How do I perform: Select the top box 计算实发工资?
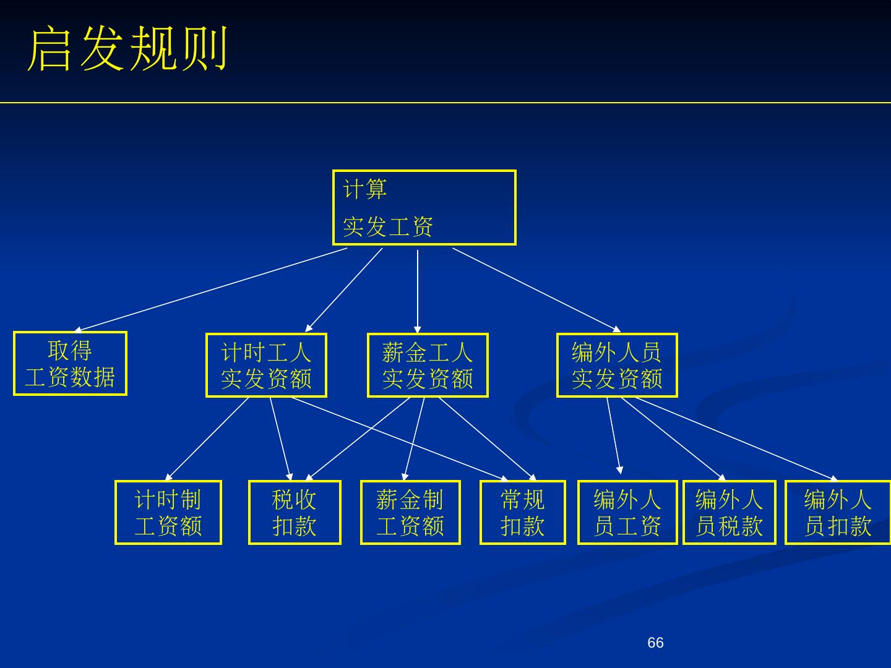pyautogui.click(x=424, y=208)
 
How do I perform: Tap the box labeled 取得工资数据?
pyautogui.click(x=70, y=364)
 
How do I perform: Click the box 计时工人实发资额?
pyautogui.click(x=266, y=366)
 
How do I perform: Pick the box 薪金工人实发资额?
pyautogui.click(x=428, y=366)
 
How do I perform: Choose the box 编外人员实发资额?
pyautogui.click(x=617, y=366)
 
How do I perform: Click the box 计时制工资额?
pyautogui.click(x=168, y=513)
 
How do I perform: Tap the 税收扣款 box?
pyautogui.click(x=295, y=513)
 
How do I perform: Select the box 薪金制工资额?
pyautogui.click(x=410, y=513)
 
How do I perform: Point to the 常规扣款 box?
pyautogui.click(x=523, y=513)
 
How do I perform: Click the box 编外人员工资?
pyautogui.click(x=627, y=513)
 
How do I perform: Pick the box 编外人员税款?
pyautogui.click(x=730, y=513)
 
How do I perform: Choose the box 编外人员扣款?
pyautogui.click(x=838, y=513)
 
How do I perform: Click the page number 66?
pyautogui.click(x=655, y=643)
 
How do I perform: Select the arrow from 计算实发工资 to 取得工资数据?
pyautogui.click(x=210, y=289)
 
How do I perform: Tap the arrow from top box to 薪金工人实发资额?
pyautogui.click(x=418, y=291)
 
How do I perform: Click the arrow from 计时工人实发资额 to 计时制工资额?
pyautogui.click(x=207, y=439)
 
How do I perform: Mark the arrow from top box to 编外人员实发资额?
pyautogui.click(x=536, y=289)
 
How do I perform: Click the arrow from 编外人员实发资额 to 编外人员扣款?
pyautogui.click(x=736, y=439)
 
